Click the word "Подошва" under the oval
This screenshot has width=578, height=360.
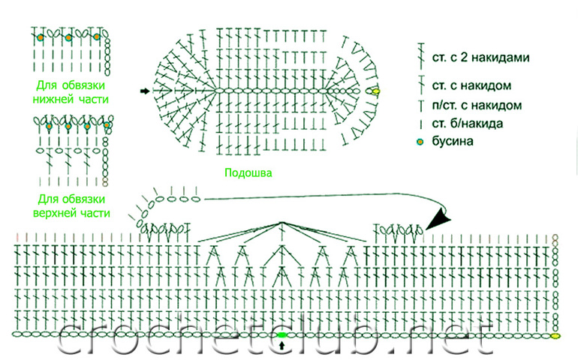point(248,172)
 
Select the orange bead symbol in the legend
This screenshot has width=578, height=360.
point(419,141)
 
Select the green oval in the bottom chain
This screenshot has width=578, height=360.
point(282,334)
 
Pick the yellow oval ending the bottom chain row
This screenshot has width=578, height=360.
point(556,335)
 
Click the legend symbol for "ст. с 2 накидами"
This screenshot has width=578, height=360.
point(419,54)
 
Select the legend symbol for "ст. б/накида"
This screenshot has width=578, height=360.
point(419,123)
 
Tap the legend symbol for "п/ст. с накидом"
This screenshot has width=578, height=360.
point(419,104)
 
